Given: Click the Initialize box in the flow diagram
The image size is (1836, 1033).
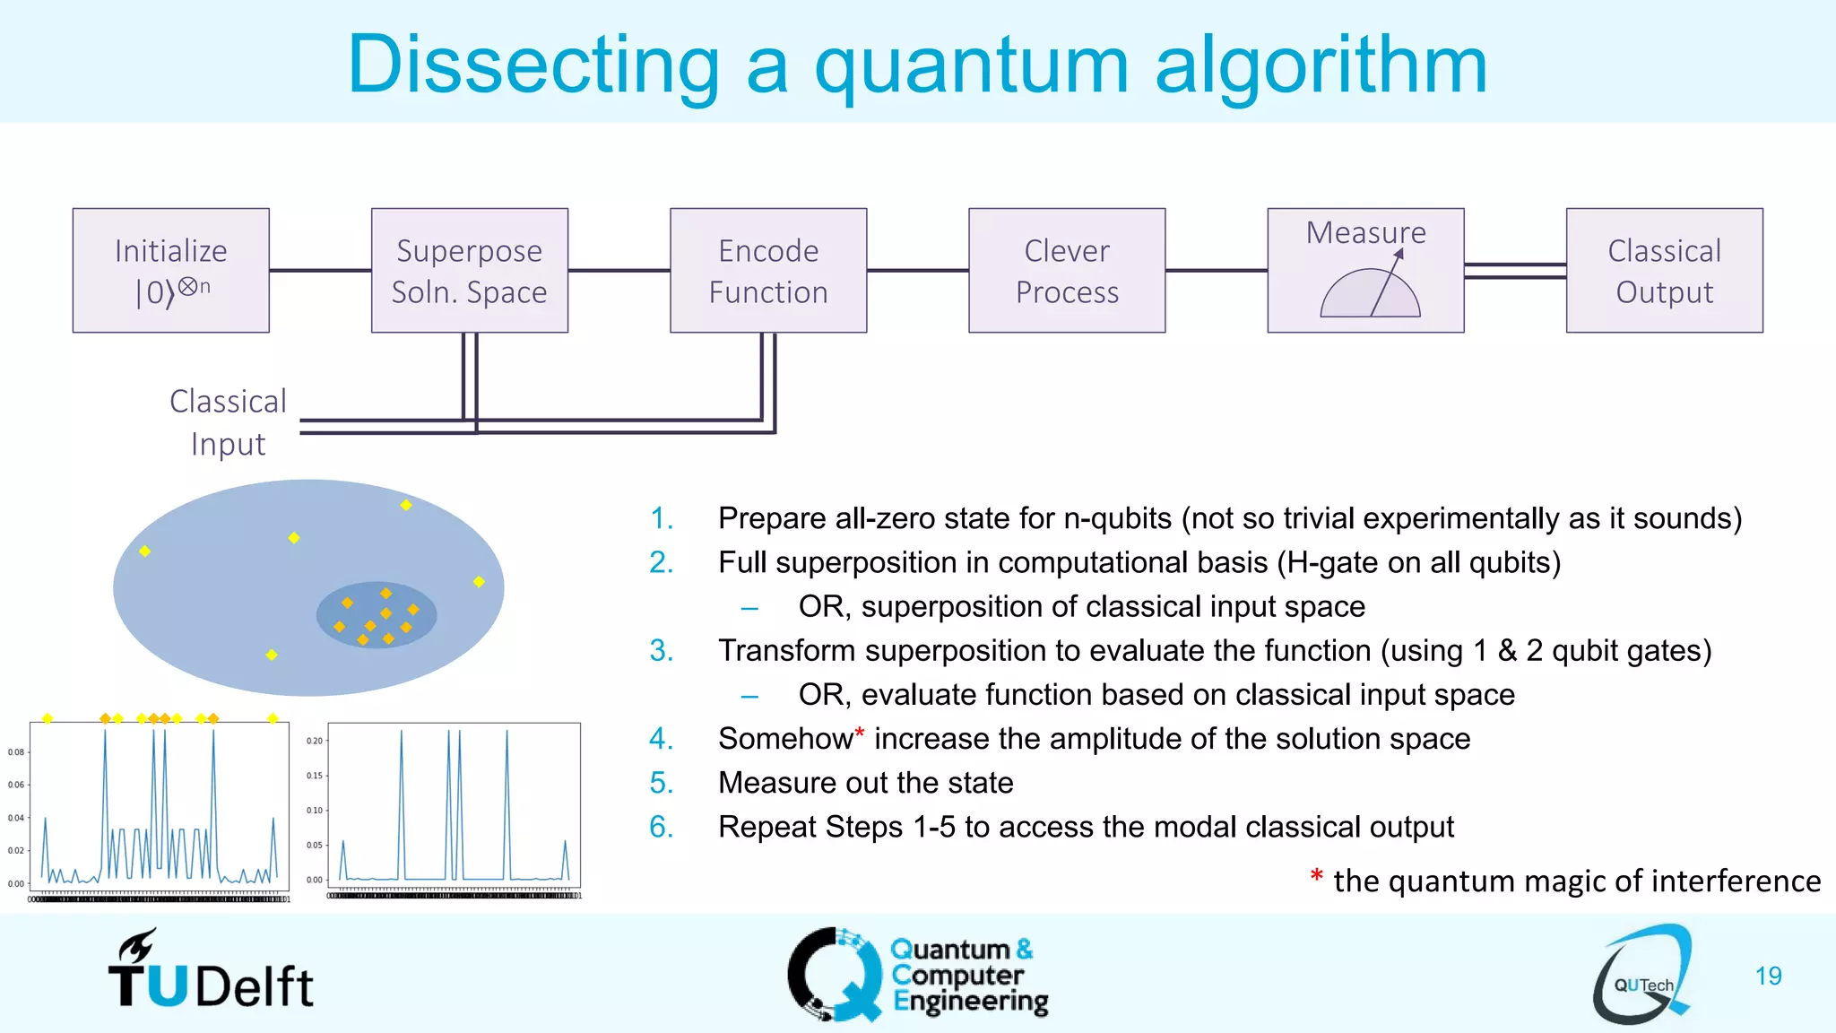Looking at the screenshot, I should (170, 270).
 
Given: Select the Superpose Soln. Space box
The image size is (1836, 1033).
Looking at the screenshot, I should (469, 270).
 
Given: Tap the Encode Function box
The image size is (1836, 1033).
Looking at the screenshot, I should (768, 270).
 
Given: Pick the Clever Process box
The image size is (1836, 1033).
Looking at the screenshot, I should (1067, 270).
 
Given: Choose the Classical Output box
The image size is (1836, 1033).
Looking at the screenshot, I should (1664, 270).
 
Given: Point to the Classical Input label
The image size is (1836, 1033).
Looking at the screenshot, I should (228, 422).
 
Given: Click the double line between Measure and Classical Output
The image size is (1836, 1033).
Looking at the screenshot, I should (1514, 271).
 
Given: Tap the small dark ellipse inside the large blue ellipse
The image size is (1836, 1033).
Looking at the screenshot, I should (377, 615).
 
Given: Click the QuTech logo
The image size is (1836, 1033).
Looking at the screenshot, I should (1642, 976).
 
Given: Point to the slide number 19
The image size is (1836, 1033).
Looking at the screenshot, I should (1768, 976).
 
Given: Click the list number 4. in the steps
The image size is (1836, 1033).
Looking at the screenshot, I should (661, 739).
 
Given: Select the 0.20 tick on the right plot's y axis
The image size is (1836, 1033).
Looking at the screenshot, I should (314, 741).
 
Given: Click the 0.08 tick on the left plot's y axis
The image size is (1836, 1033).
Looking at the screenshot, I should (16, 752).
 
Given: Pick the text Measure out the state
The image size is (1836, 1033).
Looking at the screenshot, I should (865, 783).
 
